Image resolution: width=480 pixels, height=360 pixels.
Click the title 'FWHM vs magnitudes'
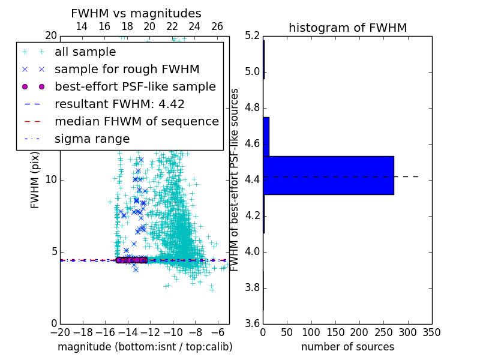point(136,14)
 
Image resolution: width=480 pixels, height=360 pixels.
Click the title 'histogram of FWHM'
point(347,28)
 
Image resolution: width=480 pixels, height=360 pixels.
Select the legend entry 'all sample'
point(85,52)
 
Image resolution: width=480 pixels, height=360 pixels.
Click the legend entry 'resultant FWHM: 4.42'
point(119,104)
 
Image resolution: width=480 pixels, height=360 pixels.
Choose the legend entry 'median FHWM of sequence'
point(136,122)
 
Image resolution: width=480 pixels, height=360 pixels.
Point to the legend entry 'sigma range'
point(92,139)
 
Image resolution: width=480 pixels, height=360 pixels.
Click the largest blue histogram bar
point(328,175)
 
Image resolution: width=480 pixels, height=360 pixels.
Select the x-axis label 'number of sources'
point(347,347)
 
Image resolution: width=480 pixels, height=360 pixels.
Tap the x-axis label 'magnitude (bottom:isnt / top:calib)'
point(145,347)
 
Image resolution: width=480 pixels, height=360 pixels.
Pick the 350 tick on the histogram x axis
point(432,332)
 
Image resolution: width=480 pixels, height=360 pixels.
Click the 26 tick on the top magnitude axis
point(217,26)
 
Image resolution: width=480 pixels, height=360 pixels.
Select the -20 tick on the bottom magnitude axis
point(60,332)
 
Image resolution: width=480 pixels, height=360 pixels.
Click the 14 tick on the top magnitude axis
point(82,26)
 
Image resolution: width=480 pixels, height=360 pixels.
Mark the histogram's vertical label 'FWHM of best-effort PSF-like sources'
point(235,179)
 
